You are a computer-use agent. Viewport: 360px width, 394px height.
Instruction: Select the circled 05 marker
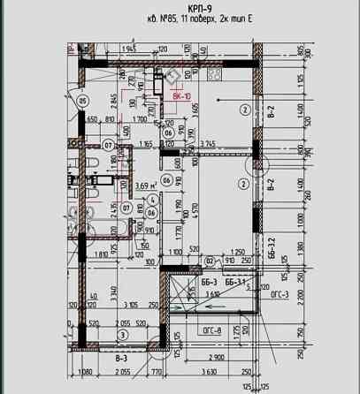tap(83, 101)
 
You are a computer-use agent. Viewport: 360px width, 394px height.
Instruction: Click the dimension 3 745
tap(209, 144)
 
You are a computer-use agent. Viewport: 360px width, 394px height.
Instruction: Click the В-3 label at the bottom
tap(121, 358)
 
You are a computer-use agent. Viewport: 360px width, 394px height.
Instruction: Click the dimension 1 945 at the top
tap(130, 49)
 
